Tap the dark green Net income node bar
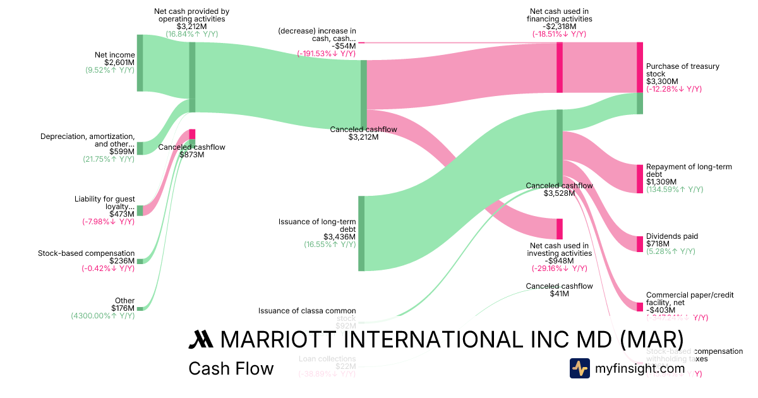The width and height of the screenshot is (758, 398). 140,63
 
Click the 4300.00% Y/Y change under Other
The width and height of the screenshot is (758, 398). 102,316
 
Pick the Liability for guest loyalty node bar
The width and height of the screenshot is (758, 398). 140,210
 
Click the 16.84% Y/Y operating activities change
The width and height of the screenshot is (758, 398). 191,34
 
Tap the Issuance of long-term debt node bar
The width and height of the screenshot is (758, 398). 361,233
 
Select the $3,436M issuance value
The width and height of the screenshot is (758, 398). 342,237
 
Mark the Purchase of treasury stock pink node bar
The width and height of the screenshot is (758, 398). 639,68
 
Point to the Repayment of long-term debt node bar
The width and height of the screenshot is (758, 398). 639,178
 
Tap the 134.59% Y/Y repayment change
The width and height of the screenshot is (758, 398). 673,190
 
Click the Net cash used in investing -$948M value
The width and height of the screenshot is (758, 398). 559,261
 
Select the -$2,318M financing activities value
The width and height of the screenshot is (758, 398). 559,27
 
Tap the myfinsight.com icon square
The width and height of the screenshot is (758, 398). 579,368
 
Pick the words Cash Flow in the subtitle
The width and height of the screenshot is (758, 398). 231,369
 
